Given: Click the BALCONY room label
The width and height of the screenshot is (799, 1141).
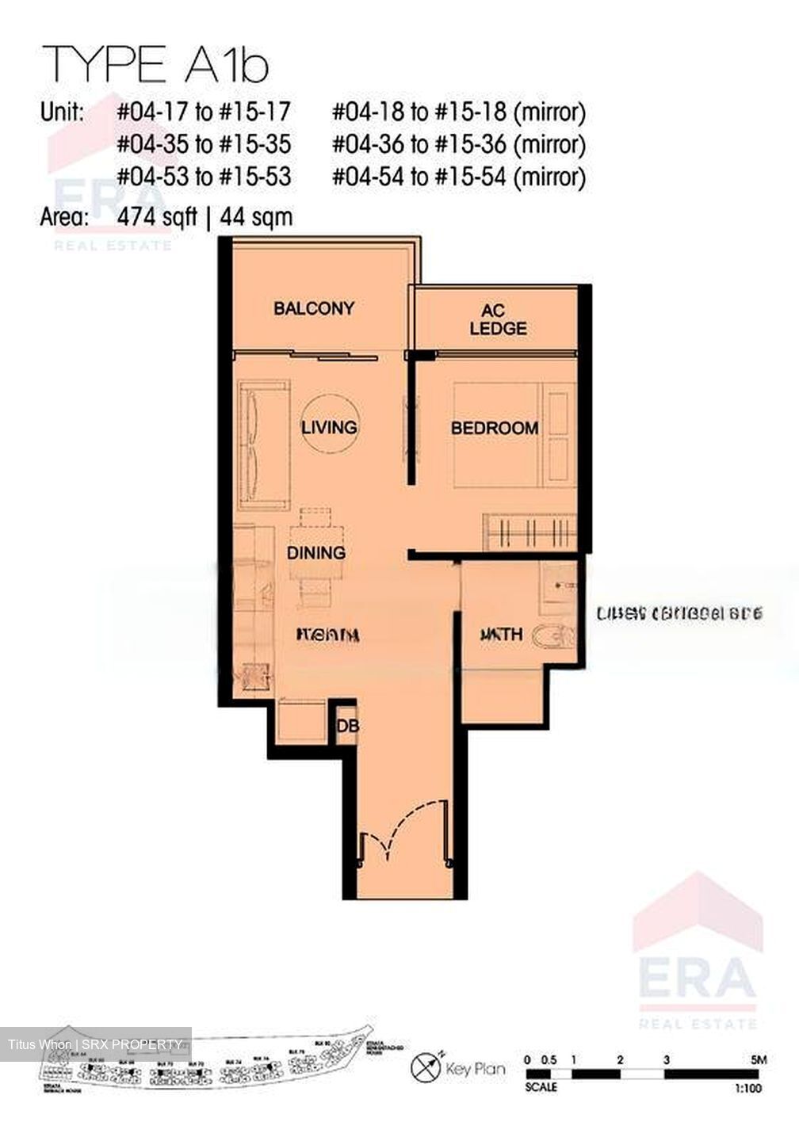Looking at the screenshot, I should (314, 308).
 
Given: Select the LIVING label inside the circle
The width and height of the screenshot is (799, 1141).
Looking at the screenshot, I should (329, 427).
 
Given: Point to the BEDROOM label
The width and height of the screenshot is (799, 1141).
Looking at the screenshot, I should (495, 428).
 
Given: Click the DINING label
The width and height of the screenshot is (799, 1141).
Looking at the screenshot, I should (315, 552).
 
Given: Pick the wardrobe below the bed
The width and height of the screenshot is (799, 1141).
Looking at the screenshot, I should (529, 531).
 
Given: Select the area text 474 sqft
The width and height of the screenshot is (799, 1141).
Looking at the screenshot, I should (157, 216).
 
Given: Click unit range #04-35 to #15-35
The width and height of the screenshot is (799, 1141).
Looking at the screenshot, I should (205, 144).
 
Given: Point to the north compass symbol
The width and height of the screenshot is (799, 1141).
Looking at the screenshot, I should (425, 1067).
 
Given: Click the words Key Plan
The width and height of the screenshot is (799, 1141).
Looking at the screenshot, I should (476, 1069).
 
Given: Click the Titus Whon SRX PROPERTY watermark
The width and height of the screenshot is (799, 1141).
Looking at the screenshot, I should (95, 1044).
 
